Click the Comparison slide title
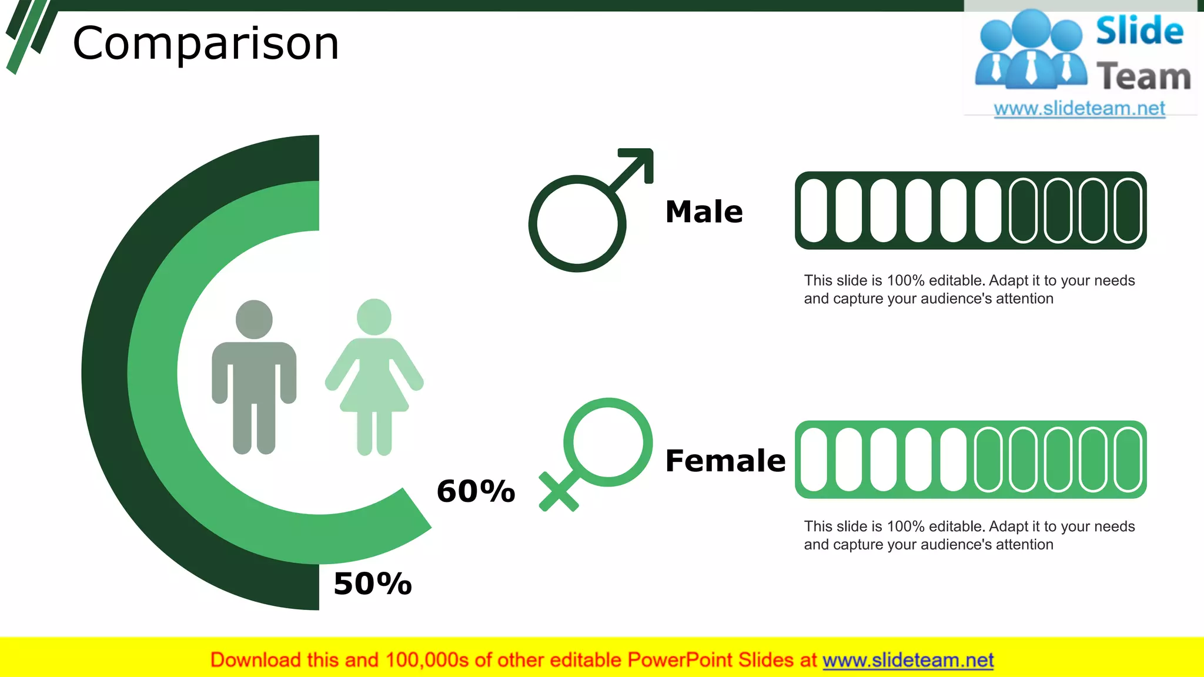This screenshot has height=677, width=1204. tap(206, 43)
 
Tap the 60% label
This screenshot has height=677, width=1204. tap(476, 491)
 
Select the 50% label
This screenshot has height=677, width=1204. tap(372, 584)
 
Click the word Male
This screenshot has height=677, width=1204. tap(704, 212)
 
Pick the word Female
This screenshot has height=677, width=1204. tap(725, 461)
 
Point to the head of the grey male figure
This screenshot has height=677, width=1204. tap(254, 319)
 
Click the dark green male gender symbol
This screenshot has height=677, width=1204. tap(578, 223)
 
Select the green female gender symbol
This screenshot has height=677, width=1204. tap(608, 443)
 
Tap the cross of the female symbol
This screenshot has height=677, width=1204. tap(558, 492)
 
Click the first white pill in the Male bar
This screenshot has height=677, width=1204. tap(814, 210)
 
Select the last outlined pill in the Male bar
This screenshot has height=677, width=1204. tap(1128, 210)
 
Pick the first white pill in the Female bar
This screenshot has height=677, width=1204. tap(814, 460)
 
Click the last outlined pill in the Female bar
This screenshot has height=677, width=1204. tap(1128, 460)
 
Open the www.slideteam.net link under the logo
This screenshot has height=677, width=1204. tap(1079, 109)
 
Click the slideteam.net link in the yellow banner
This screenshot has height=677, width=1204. tap(908, 661)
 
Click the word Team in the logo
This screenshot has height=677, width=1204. tap(1143, 77)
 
